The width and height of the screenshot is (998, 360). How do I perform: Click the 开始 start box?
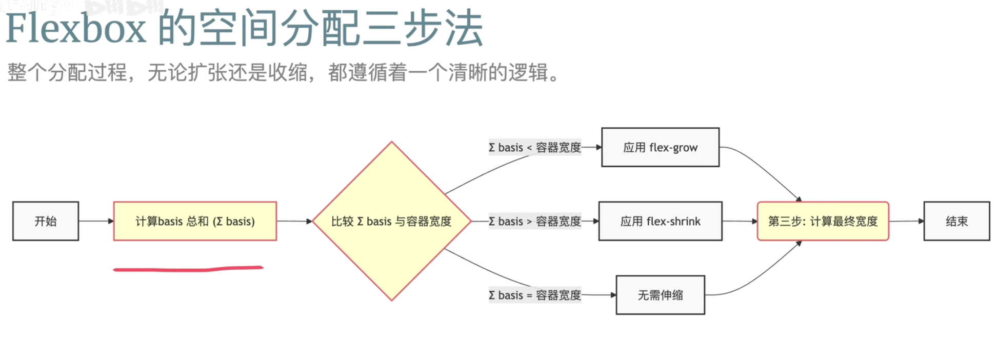[x=46, y=221]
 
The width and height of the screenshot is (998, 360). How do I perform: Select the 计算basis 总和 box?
[x=195, y=221]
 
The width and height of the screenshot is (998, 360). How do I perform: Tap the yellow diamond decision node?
[x=391, y=221]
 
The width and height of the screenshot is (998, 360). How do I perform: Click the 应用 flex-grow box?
[x=660, y=147]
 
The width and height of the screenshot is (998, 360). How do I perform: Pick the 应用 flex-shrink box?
[x=660, y=221]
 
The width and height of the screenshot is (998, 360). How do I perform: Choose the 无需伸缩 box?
[x=660, y=295]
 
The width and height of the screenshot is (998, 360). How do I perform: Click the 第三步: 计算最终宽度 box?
[x=823, y=221]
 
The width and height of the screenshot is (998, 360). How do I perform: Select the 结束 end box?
[x=956, y=221]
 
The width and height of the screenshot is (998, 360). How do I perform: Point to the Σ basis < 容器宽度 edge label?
[x=534, y=148]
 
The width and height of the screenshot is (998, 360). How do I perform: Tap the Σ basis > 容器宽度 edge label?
[x=534, y=221]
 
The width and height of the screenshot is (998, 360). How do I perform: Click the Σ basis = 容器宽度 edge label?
[x=534, y=295]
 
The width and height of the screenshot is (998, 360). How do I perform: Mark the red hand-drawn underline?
[x=188, y=269]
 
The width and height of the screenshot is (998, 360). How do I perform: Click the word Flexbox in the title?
[x=76, y=29]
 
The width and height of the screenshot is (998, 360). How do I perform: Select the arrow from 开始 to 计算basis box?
[x=96, y=221]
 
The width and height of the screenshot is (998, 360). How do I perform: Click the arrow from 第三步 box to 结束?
[x=906, y=221]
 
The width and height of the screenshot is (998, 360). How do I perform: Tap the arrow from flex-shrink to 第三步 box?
[x=740, y=221]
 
